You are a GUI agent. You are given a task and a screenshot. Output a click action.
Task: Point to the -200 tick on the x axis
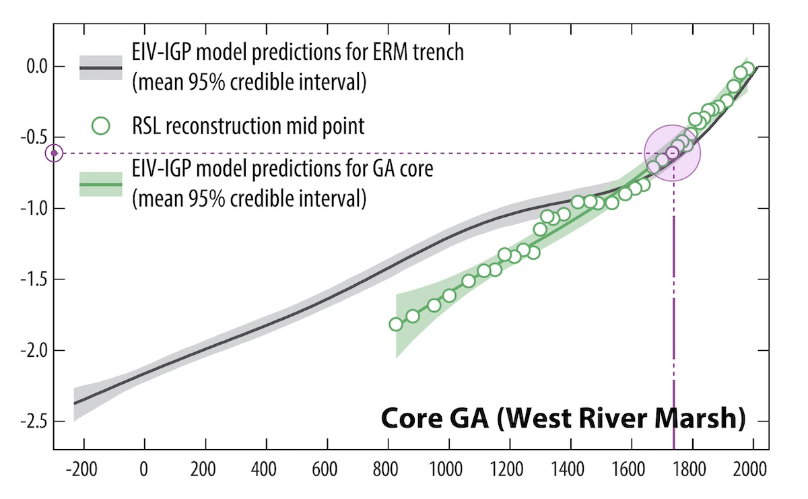[x=83, y=468]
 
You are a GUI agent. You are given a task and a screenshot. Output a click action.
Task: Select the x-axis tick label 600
[x=327, y=468]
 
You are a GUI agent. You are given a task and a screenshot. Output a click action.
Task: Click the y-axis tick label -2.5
[x=28, y=422]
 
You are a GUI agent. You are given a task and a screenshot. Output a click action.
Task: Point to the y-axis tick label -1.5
[x=28, y=279]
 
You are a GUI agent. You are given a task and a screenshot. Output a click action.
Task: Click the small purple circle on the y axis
[x=55, y=154]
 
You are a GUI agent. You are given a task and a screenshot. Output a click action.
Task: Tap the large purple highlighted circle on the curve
[x=673, y=153]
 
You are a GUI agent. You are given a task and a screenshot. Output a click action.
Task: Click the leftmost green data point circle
[x=396, y=324]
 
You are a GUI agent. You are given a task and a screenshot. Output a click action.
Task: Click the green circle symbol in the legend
[x=100, y=125]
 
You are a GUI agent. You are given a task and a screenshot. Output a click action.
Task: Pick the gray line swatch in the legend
[x=100, y=68]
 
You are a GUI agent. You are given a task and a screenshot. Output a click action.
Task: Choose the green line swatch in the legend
[x=100, y=183]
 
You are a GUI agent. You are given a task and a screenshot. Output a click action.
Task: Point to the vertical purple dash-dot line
[x=673, y=323]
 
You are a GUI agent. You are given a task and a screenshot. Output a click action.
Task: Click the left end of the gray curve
[x=75, y=403]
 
